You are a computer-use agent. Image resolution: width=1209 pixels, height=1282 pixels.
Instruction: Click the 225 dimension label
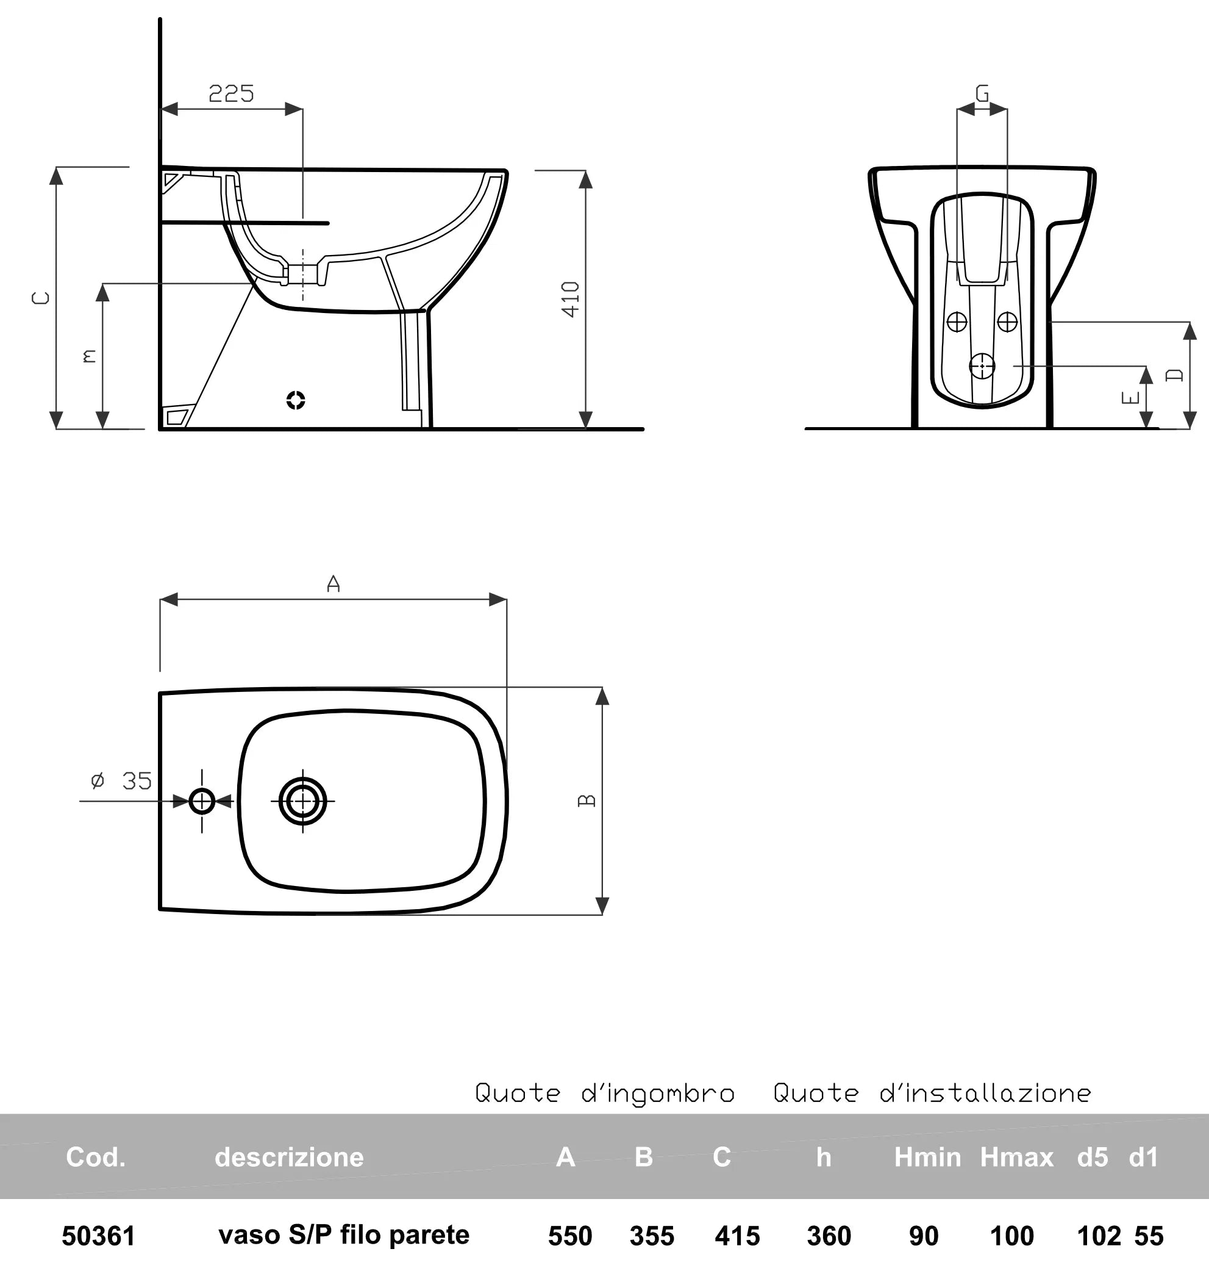coord(231,94)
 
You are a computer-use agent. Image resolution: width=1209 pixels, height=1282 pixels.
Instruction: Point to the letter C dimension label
coord(41,298)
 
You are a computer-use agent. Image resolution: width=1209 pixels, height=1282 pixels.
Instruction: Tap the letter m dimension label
coord(90,356)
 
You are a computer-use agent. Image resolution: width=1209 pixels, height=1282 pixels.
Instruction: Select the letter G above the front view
coord(982,94)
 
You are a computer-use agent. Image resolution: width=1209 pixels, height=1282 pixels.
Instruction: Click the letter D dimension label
coord(1175,375)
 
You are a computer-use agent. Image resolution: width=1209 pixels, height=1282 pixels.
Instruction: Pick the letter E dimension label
coord(1131,398)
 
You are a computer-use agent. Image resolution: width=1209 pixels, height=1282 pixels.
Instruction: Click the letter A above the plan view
coord(333,583)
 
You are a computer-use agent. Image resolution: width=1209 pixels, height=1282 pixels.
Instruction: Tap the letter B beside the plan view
coord(587,801)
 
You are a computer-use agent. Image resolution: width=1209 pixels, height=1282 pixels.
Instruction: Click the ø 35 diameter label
coord(121,781)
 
